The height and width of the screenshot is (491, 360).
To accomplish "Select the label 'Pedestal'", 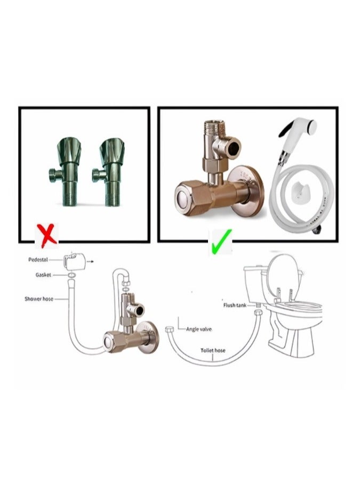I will (x=37, y=259).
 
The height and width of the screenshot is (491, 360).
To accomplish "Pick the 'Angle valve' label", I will (x=199, y=329).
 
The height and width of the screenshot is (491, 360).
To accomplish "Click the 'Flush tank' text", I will (x=233, y=305).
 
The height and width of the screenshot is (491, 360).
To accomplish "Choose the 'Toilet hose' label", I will (x=213, y=350).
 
